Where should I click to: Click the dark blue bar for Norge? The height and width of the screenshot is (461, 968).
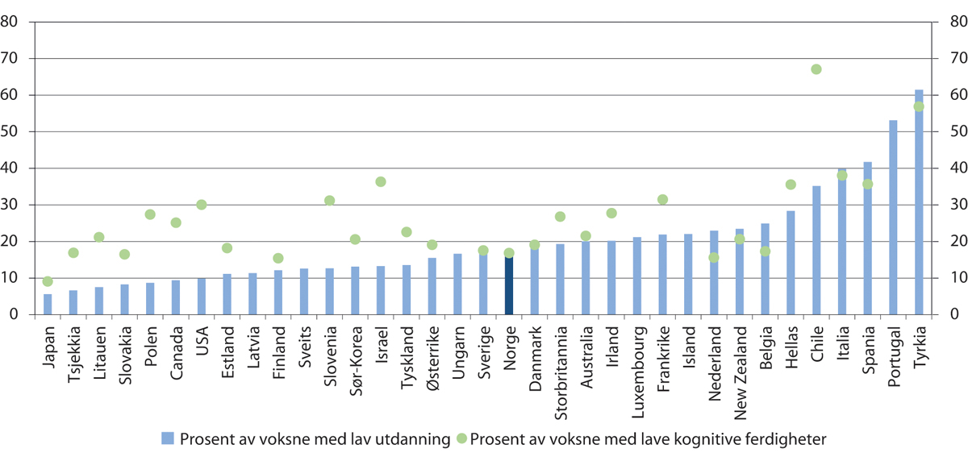coord(509,285)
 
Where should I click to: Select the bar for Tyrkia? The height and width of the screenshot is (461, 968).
coord(919,201)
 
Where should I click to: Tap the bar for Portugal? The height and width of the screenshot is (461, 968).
coord(893,218)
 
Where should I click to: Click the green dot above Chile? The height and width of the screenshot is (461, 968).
coord(816,69)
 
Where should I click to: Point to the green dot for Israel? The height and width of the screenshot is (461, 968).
coord(381,181)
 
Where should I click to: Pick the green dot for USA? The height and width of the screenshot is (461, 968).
coord(202,205)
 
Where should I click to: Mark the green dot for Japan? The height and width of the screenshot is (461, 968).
coord(48,281)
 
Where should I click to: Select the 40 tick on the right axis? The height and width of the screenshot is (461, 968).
coord(947,168)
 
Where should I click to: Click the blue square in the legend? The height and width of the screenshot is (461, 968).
coord(168,438)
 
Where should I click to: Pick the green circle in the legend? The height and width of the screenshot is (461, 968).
coord(461,438)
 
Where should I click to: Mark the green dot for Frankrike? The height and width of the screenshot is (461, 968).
coord(663,199)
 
